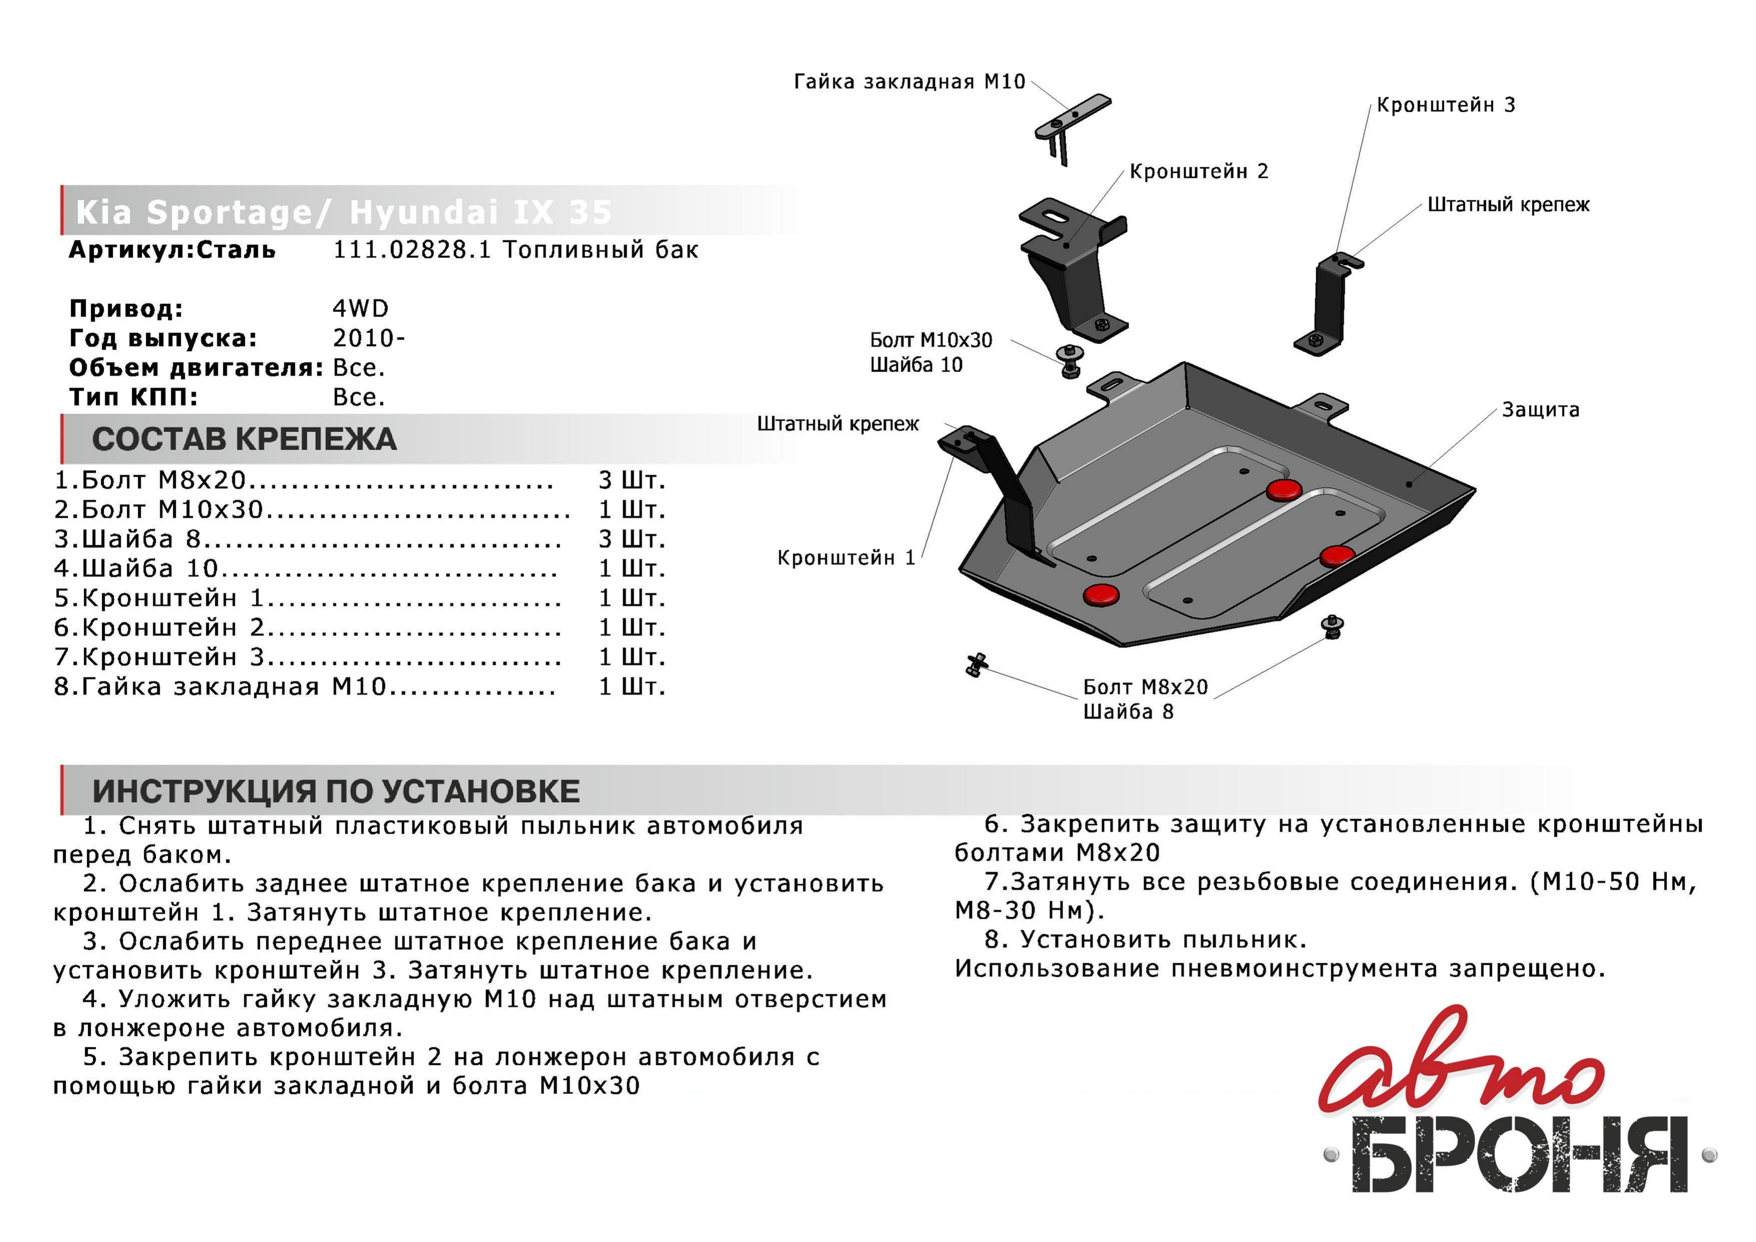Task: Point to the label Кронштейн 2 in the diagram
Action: tap(1198, 171)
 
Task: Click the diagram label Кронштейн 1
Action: tap(846, 558)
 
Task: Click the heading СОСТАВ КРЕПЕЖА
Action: tap(244, 439)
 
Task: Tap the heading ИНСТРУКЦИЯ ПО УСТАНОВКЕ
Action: tap(336, 791)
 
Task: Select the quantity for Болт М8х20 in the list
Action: tap(632, 481)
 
